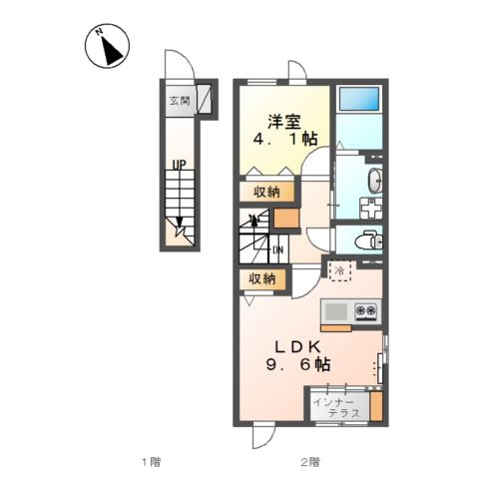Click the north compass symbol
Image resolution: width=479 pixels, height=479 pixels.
107,46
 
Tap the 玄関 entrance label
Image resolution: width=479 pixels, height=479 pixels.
180,100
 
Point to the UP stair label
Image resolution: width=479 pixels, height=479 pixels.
179,165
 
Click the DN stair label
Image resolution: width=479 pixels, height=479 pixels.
277,250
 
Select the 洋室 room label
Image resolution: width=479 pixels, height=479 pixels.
284,122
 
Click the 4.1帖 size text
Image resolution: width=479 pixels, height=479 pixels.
285,139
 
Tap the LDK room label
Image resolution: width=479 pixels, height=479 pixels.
297,347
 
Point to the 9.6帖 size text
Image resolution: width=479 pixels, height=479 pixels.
297,364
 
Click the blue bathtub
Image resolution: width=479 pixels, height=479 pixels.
359,99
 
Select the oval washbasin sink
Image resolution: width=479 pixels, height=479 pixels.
374,181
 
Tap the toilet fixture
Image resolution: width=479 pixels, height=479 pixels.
369,240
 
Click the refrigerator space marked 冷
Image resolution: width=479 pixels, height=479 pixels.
340,270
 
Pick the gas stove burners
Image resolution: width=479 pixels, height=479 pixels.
365,310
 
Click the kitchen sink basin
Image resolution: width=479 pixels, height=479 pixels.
336,311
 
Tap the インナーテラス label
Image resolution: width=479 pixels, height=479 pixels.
336,408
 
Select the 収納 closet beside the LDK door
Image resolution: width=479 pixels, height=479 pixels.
262,278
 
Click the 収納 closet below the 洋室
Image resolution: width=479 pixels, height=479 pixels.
266,192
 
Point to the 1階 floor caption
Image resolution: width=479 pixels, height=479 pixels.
152,462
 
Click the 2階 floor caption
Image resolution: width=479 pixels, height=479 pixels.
310,462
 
